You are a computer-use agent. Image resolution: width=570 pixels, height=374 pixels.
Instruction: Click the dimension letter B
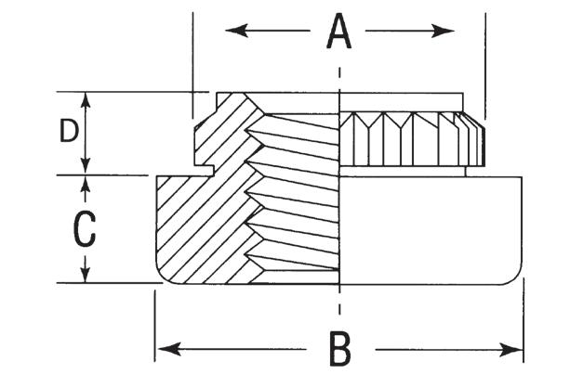(340, 350)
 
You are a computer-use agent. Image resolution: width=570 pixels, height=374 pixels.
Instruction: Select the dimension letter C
(85, 228)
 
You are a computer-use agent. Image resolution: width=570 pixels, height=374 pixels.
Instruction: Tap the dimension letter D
(68, 132)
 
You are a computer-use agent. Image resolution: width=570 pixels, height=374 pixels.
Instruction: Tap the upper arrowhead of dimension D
(86, 98)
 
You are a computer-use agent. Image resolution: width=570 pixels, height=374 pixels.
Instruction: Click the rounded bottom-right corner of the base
(514, 276)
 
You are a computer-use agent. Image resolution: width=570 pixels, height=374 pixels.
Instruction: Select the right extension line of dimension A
(484, 56)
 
